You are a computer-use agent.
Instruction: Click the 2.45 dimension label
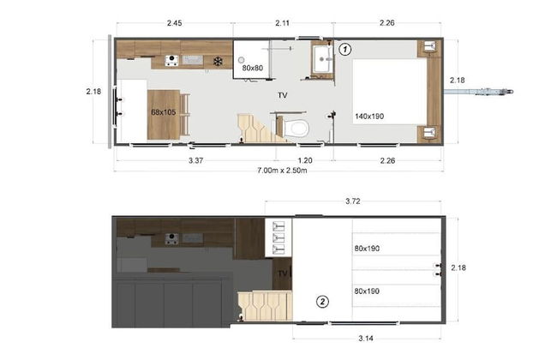tap(175, 23)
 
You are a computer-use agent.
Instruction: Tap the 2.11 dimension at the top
tap(283, 23)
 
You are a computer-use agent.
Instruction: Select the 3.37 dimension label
tap(195, 160)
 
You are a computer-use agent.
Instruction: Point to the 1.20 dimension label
tap(305, 160)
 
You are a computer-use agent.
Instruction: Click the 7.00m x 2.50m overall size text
tap(282, 171)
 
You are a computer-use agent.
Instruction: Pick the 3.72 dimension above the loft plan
tap(353, 201)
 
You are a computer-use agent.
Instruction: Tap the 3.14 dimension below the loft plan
tap(366, 339)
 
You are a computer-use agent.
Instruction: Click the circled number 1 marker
tap(344, 50)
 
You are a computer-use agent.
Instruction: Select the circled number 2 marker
tap(322, 302)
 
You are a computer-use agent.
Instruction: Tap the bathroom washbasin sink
tap(323, 59)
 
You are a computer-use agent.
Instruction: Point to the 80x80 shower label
tap(253, 68)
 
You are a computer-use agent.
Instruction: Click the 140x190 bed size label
tap(369, 117)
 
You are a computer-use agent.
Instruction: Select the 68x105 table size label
tap(164, 112)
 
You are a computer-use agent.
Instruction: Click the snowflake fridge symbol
tap(218, 62)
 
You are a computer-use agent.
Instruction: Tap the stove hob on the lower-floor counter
tap(171, 60)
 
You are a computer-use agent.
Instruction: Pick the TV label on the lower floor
tap(283, 95)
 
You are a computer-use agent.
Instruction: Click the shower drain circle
tap(241, 60)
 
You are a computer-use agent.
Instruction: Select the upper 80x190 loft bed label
tap(367, 249)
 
